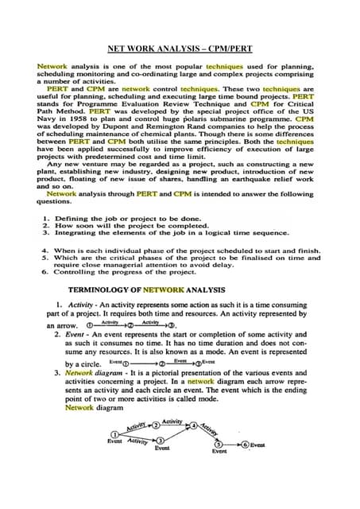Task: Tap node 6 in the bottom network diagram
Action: point(246,445)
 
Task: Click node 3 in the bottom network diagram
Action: point(161,441)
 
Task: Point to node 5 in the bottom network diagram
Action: point(219,445)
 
